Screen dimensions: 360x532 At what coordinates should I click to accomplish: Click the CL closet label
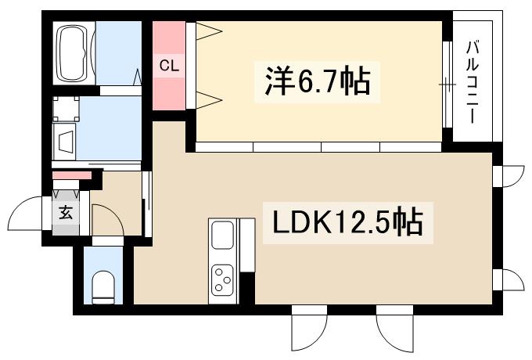click(x=170, y=67)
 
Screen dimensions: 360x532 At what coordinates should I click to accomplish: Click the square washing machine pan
click(x=65, y=110)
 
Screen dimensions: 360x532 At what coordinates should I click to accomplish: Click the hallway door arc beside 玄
click(x=106, y=219)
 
